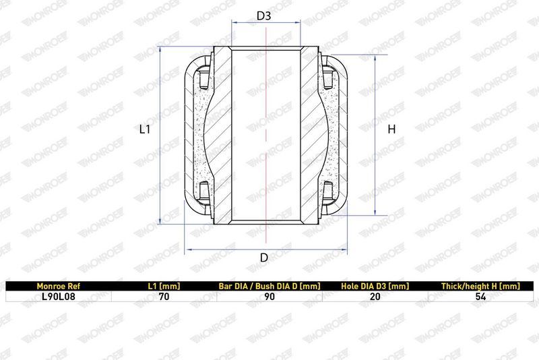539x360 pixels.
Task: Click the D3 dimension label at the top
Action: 264,16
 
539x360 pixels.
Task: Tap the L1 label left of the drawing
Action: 145,129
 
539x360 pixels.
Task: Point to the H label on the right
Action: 391,129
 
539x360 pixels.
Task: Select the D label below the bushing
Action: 264,258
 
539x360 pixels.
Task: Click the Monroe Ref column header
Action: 58,286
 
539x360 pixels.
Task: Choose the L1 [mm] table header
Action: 164,286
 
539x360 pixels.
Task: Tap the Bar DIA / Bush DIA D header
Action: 269,286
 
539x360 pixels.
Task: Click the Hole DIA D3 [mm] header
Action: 375,286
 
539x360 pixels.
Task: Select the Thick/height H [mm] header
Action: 480,286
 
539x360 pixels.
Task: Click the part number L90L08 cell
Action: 58,297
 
